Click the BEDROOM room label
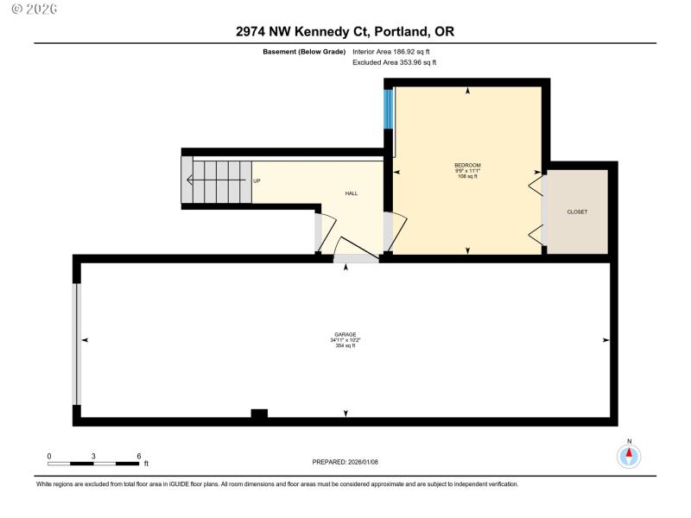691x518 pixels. (467, 165)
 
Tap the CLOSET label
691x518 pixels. (577, 212)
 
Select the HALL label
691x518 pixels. (352, 193)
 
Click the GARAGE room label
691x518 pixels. (345, 334)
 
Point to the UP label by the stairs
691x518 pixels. (257, 180)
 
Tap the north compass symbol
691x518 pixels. (629, 454)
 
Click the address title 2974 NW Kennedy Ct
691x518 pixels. (345, 32)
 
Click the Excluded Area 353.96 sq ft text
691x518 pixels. (395, 62)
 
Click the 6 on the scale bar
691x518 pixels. (138, 455)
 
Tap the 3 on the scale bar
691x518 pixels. (93, 455)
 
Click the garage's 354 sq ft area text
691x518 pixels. (345, 346)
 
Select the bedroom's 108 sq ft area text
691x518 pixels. (467, 176)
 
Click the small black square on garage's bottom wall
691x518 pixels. (259, 414)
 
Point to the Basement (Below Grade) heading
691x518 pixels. (304, 52)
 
